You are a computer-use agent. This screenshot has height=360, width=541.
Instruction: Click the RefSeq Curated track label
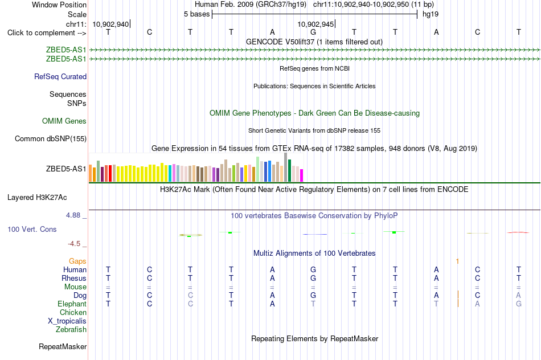[x=60, y=77]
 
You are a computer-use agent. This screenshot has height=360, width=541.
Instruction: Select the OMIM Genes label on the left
[x=64, y=121]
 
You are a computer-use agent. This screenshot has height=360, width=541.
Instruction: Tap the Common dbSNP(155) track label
[x=51, y=139]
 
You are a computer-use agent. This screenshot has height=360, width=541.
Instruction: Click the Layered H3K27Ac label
[x=37, y=198]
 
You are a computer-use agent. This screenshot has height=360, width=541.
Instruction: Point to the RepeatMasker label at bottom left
[x=63, y=346]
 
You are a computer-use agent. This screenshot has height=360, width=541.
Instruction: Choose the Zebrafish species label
[x=71, y=330]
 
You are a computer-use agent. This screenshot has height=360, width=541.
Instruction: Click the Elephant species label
[x=72, y=304]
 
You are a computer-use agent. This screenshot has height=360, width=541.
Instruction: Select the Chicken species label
[x=73, y=312]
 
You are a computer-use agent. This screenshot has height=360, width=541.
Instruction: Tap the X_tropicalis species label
[x=67, y=321]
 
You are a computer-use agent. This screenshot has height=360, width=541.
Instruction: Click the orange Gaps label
[x=77, y=261]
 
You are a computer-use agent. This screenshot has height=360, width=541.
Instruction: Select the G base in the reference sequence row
[x=313, y=32]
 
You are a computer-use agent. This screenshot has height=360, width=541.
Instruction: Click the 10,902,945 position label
[x=315, y=24]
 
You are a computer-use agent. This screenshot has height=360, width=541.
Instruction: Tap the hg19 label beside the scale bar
[x=431, y=14]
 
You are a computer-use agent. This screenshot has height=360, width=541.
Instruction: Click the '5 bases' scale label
[x=196, y=14]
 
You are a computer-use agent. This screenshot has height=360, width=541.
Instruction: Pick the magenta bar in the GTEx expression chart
[x=302, y=175]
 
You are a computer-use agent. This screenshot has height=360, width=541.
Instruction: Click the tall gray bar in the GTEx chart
[x=286, y=167]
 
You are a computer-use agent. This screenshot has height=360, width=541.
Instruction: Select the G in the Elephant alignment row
[x=519, y=304]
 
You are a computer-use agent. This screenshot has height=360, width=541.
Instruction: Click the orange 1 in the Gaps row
[x=457, y=261]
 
